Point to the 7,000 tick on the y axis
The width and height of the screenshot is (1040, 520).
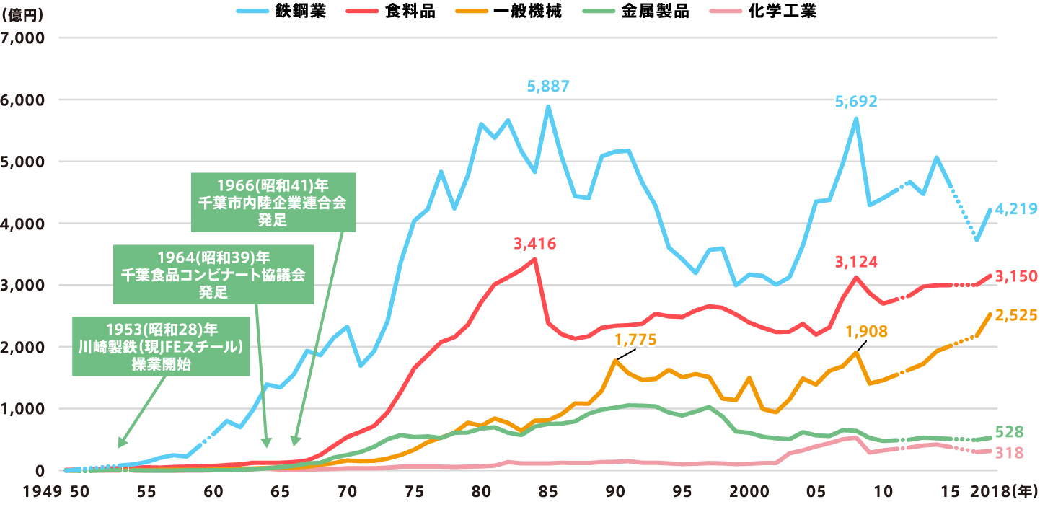pos(25,38)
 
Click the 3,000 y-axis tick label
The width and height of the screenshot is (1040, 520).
pos(25,285)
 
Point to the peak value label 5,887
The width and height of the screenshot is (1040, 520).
pos(549,87)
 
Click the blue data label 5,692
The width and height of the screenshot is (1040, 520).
pos(856,102)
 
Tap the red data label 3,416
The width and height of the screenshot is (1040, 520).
pos(534,244)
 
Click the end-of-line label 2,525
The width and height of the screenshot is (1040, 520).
pos(1015,314)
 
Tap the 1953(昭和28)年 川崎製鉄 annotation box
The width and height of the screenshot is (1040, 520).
pos(161,347)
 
